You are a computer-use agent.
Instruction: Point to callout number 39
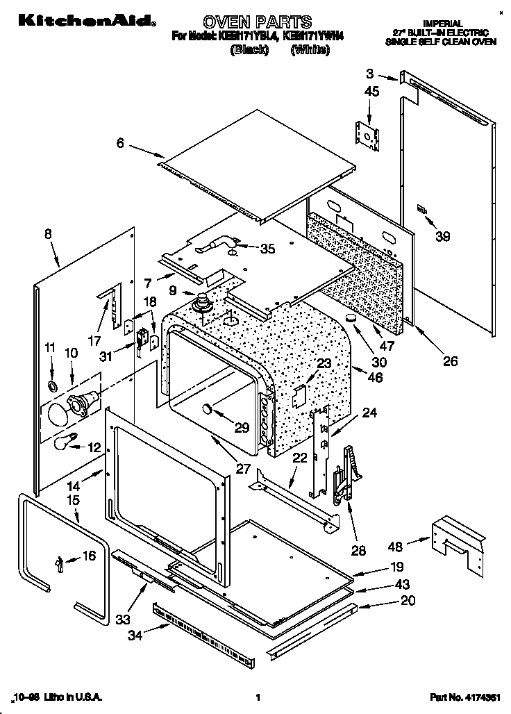[442, 236]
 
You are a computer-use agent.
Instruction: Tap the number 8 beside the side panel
[48, 234]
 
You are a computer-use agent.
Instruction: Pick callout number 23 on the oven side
[325, 363]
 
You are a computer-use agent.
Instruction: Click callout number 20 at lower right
[408, 600]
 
